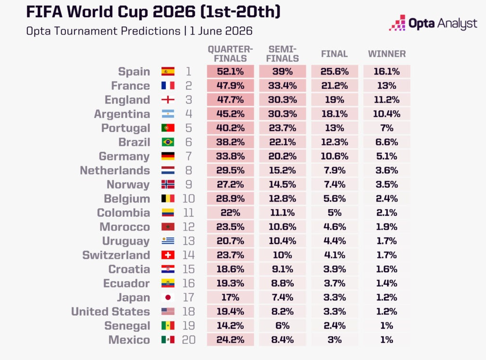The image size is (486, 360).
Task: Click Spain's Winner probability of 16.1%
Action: click(x=387, y=72)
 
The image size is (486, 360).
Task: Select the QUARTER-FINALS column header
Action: click(x=230, y=54)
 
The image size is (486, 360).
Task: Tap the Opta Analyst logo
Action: click(x=433, y=23)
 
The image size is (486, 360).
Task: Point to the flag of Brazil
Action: click(x=168, y=142)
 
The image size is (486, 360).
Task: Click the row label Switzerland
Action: click(x=116, y=255)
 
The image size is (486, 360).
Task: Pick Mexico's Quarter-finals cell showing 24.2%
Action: click(x=230, y=339)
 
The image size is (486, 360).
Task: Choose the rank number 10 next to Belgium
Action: click(x=188, y=199)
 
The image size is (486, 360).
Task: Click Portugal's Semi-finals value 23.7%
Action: click(x=282, y=128)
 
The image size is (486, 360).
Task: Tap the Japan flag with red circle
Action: click(x=168, y=297)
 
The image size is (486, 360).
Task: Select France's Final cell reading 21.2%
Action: click(x=335, y=85)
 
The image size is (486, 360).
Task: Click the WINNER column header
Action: click(x=387, y=54)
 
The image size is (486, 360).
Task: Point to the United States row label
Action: click(x=111, y=311)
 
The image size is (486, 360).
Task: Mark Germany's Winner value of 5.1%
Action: click(x=387, y=156)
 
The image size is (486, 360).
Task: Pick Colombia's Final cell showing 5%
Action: click(x=335, y=212)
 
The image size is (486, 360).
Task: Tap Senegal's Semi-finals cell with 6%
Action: click(x=282, y=326)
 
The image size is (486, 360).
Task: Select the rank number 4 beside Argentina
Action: click(x=188, y=114)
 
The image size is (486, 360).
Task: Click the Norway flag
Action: click(x=168, y=184)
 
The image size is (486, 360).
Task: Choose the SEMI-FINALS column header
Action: click(x=282, y=54)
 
